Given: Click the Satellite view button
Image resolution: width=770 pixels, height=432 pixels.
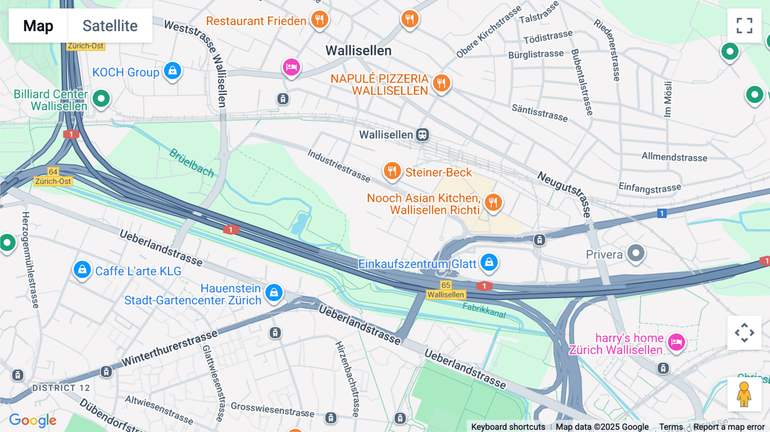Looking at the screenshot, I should [110, 26].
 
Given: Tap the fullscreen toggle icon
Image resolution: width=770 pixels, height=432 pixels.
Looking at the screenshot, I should [744, 26].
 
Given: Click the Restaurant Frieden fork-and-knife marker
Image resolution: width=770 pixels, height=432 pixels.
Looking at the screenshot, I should [320, 19].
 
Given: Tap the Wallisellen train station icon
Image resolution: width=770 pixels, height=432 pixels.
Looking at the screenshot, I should [423, 135].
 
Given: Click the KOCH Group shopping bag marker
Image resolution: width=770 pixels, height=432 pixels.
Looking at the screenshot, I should [172, 71].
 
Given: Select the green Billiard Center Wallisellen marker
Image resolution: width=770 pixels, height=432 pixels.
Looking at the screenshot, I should [101, 99].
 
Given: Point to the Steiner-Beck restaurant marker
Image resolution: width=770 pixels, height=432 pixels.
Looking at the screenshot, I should [392, 171].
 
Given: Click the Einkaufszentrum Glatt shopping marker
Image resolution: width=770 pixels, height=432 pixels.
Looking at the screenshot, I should [489, 261].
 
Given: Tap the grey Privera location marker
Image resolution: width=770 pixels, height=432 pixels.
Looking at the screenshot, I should [636, 253].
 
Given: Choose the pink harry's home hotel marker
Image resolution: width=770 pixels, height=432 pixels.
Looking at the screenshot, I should [676, 342].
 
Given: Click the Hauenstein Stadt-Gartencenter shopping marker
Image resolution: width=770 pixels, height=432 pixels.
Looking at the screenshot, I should [274, 293].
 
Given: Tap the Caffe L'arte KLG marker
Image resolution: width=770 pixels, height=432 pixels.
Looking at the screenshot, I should [82, 269].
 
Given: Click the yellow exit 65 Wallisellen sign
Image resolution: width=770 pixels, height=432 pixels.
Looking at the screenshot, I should [446, 290].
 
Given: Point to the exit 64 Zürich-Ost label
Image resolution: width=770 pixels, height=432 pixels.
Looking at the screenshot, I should [53, 177].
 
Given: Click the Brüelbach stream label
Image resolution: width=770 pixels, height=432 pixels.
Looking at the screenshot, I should [192, 163].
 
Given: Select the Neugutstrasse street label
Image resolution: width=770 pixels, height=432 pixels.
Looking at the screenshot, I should [565, 194].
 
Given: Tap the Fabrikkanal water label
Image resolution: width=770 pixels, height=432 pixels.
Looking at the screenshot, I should [484, 310].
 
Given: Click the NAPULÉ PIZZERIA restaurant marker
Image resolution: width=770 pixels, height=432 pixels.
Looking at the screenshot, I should [441, 83].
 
